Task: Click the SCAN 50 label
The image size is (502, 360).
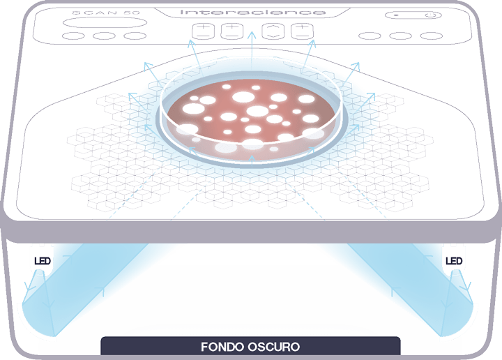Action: pos(106,13)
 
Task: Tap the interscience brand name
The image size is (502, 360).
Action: pos(253,12)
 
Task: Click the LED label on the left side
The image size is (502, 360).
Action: pos(43,261)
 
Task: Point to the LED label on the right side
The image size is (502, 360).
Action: pos(454,261)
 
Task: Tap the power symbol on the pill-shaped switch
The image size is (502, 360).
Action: pos(430,15)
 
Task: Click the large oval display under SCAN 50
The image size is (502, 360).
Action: pos(105,23)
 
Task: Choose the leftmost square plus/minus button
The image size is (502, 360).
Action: pos(203,31)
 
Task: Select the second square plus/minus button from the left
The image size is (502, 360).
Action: pos(232,31)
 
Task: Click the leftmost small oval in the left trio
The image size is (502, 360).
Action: pos(73,36)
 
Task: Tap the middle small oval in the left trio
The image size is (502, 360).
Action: pos(104,36)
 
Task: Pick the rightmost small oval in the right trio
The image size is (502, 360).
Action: pos(432,36)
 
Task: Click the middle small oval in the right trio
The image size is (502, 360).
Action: pos(400,36)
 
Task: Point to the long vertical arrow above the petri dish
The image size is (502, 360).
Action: pos(252,51)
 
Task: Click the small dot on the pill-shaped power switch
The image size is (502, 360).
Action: pos(396,15)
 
